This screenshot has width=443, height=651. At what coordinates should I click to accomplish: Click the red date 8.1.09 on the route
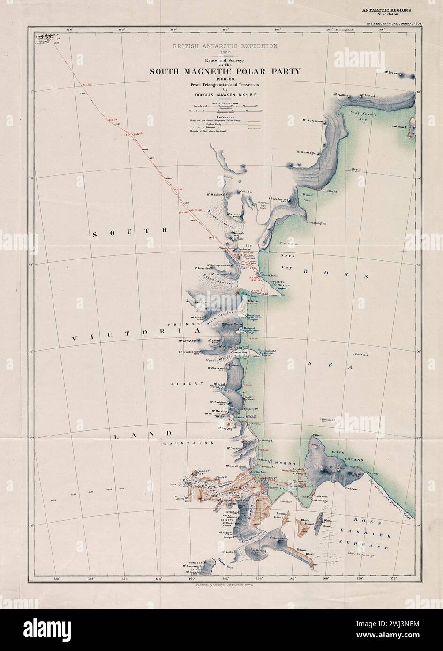113,120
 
